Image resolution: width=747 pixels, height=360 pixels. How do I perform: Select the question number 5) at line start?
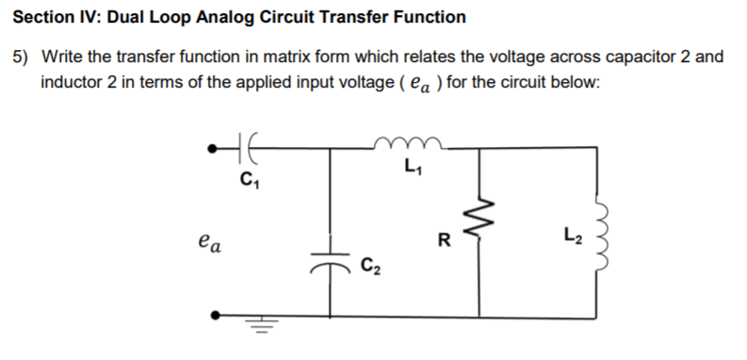coord(24,57)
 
